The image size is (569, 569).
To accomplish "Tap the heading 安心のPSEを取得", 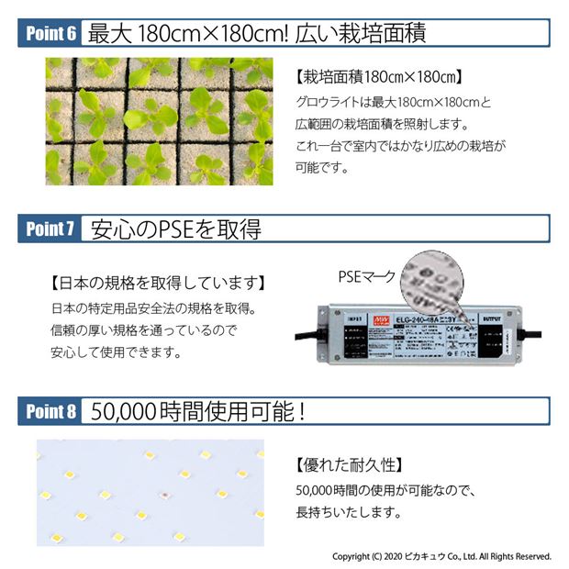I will (x=177, y=229).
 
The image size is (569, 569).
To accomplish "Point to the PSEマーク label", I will (x=367, y=274).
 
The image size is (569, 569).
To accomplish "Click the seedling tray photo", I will (x=159, y=122).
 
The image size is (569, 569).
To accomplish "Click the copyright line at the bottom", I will (x=441, y=556).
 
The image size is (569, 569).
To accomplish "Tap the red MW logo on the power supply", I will (x=379, y=318).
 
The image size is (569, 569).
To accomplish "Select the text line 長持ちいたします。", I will (x=349, y=512).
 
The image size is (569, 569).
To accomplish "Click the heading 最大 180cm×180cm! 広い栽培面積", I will (x=257, y=34).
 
